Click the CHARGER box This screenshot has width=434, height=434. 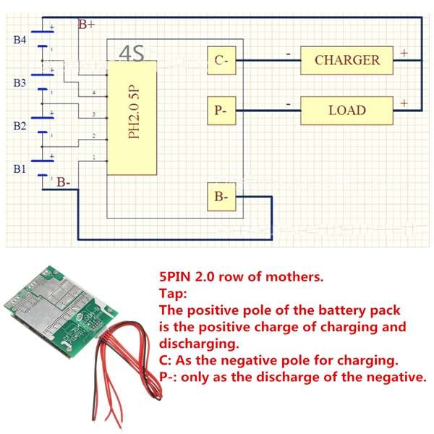pyautogui.click(x=346, y=60)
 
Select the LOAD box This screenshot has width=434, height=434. pyautogui.click(x=346, y=111)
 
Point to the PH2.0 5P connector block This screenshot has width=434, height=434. pyautogui.click(x=132, y=118)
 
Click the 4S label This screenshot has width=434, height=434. pyautogui.click(x=132, y=52)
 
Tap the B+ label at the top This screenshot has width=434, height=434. pyautogui.click(x=87, y=25)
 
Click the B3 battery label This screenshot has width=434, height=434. pyautogui.click(x=20, y=83)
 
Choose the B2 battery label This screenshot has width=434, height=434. pyautogui.click(x=20, y=125)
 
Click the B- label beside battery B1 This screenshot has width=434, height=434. pyautogui.click(x=64, y=182)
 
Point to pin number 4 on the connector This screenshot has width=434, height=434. pyautogui.click(x=94, y=94)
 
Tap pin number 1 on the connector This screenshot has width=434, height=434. pyautogui.click(x=94, y=158)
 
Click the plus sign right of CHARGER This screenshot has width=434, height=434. pyautogui.click(x=404, y=53)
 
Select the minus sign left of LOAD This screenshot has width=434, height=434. pyautogui.click(x=289, y=103)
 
